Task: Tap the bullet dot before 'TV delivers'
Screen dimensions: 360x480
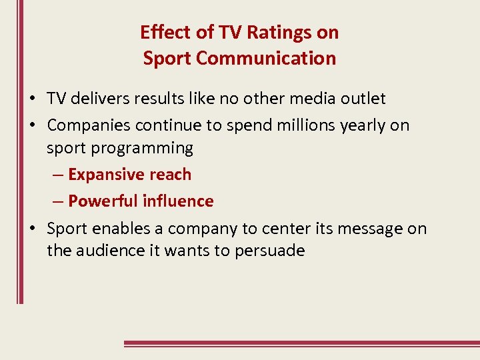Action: pyautogui.click(x=32, y=99)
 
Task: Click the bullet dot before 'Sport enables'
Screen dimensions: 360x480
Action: pyautogui.click(x=32, y=229)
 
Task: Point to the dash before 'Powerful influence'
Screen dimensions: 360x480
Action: pyautogui.click(x=57, y=201)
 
